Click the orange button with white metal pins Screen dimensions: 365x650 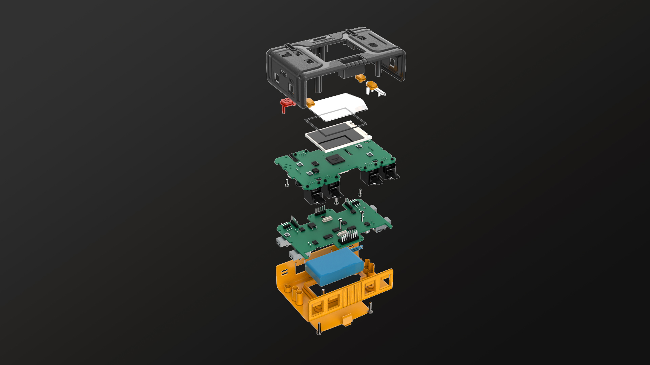372,85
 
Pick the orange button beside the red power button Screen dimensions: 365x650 310,102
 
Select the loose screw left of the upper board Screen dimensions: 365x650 287,183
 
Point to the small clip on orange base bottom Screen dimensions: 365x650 346,320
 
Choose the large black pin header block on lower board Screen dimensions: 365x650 349,237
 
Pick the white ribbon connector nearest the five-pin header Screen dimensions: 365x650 327,219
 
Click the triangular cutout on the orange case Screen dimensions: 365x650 386,281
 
